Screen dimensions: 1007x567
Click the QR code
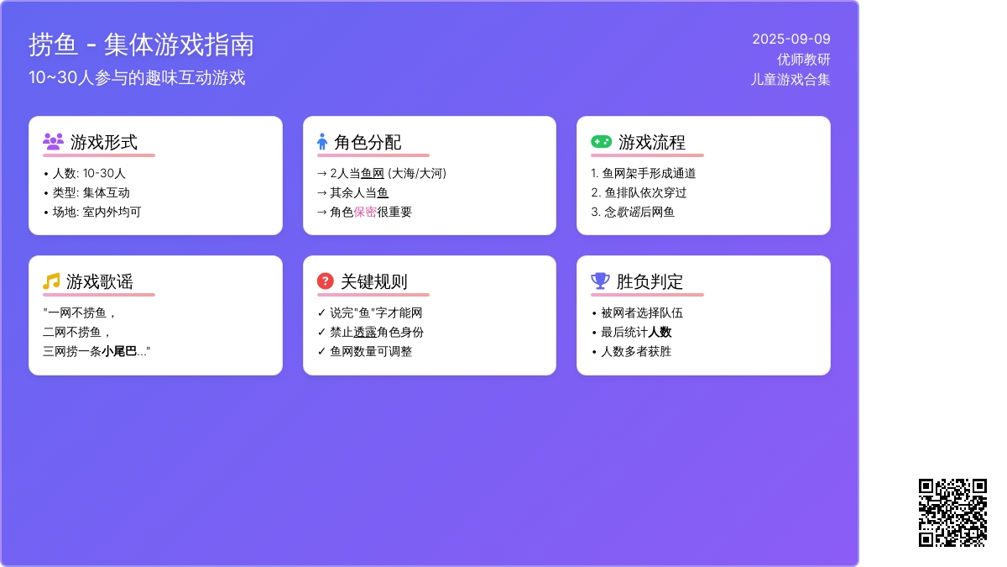tap(952, 512)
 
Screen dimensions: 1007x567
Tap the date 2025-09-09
tap(791, 39)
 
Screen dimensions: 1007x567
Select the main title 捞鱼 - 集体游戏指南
tap(141, 45)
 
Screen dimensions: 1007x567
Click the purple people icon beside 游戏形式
tap(53, 142)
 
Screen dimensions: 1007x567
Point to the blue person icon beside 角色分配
tap(322, 142)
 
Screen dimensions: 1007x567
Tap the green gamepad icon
tap(601, 142)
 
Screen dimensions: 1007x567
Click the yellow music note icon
tap(51, 281)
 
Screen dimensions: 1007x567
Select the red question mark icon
tap(325, 281)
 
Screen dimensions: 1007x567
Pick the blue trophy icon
tap(600, 281)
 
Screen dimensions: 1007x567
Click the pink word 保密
tap(365, 212)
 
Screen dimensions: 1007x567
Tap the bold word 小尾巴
tap(118, 351)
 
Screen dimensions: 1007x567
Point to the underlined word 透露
tap(365, 332)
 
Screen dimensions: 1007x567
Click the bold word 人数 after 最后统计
tap(660, 332)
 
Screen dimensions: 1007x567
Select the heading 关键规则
tap(374, 281)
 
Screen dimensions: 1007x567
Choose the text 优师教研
tap(803, 60)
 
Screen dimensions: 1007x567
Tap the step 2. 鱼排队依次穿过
tap(639, 192)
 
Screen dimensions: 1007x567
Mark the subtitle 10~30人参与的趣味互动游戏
tap(137, 78)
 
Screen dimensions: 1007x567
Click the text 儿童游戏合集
tap(790, 80)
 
